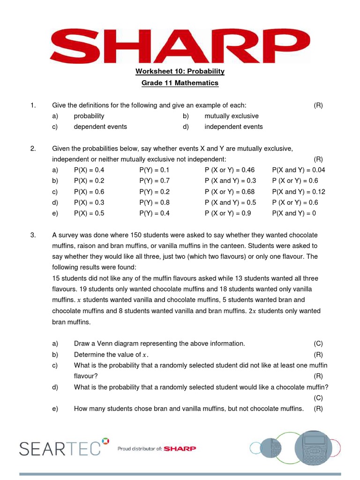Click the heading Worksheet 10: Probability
(x=180, y=71)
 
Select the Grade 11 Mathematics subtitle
(x=180, y=83)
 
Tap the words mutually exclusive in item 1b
(x=232, y=116)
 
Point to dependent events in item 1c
(x=100, y=127)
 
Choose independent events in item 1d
(x=233, y=127)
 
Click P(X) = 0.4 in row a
(x=89, y=170)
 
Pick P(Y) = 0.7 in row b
(x=154, y=180)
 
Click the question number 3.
(x=33, y=235)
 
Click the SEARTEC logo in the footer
(x=60, y=449)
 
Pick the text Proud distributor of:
(x=140, y=449)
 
